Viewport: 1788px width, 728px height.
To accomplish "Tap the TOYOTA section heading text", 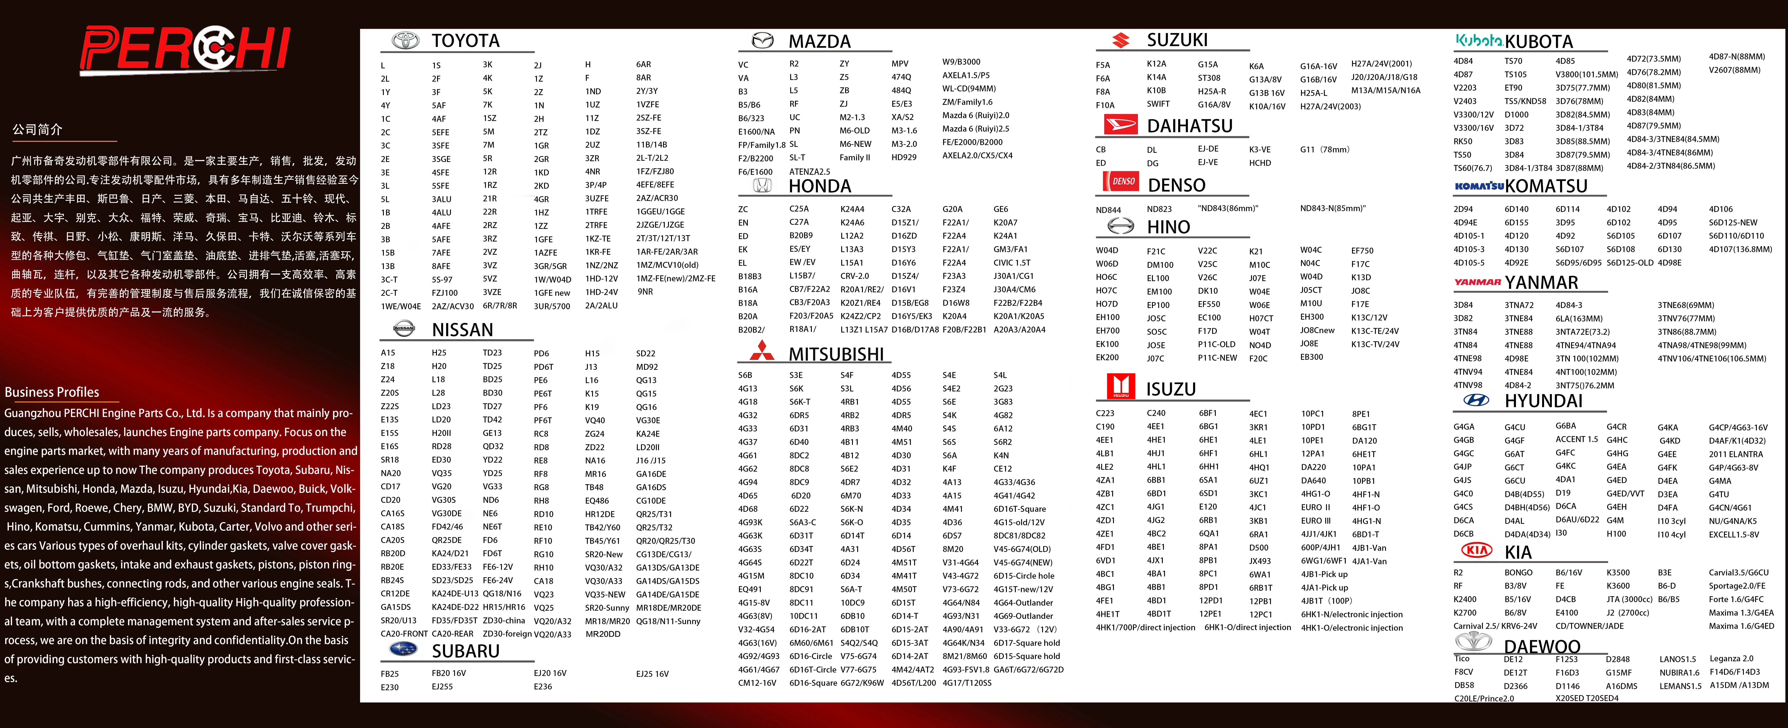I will [465, 41].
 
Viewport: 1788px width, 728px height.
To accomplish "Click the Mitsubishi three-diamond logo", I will [761, 351].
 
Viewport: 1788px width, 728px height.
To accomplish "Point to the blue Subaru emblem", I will [403, 649].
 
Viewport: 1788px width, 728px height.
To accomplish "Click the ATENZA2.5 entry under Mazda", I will [809, 172].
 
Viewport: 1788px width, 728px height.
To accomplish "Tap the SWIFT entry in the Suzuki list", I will [1158, 104].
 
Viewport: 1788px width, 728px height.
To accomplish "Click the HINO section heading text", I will [1168, 227].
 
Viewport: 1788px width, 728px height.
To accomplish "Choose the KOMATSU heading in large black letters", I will [1546, 186].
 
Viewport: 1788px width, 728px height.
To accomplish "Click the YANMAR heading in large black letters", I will [1541, 282].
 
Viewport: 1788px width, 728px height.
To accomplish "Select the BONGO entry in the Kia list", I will [1518, 572].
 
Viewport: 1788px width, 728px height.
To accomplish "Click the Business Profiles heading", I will [52, 392].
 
